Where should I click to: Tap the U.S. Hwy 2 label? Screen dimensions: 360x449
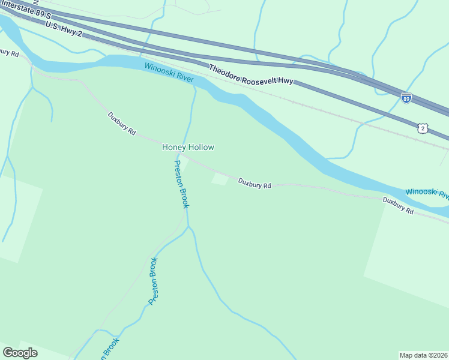[x=63, y=29]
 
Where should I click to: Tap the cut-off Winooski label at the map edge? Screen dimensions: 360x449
[x=427, y=193]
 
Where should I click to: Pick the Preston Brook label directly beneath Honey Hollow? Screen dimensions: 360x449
[x=181, y=184]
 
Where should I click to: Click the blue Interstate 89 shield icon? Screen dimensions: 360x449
[x=406, y=97]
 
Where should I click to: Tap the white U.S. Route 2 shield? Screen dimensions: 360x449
[x=423, y=128]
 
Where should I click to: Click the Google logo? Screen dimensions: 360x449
[x=20, y=352]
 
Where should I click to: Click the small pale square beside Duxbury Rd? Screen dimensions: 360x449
[x=220, y=179]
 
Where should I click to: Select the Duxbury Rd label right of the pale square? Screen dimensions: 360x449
[x=255, y=183]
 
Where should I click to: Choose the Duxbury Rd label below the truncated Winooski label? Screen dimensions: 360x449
[x=399, y=206]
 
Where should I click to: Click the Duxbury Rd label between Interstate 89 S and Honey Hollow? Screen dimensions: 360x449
[x=122, y=123]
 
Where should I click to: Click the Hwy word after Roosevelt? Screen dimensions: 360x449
[x=286, y=80]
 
